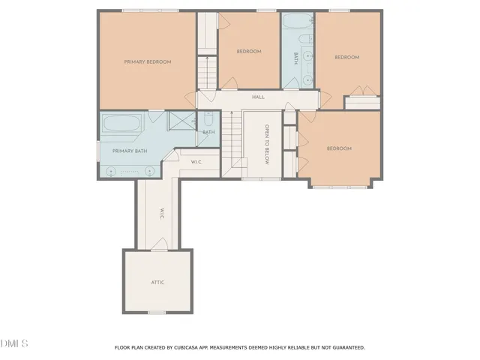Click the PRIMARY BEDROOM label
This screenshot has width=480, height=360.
(x=148, y=61)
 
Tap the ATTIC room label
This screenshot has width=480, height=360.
(x=157, y=282)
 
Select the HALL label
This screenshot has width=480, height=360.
(x=258, y=97)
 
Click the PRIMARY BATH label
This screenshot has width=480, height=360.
(x=130, y=151)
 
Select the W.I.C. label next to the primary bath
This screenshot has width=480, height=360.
(x=196, y=161)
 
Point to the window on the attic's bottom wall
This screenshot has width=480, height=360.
(x=157, y=312)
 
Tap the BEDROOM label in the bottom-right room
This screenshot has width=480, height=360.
(x=338, y=148)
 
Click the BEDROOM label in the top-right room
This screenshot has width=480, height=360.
(x=346, y=57)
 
